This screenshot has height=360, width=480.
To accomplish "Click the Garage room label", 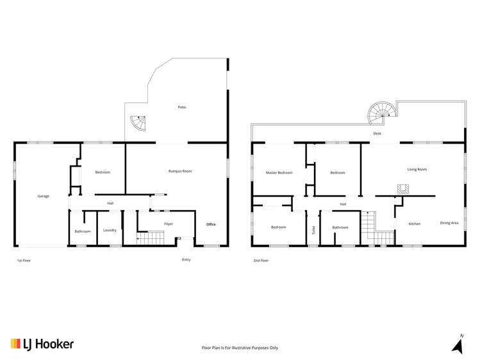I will pyautogui.click(x=43, y=196).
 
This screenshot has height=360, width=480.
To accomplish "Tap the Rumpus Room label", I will pyautogui.click(x=180, y=171).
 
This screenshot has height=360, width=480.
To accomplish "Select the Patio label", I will pyautogui.click(x=182, y=107).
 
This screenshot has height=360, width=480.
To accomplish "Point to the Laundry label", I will pyautogui.click(x=110, y=230).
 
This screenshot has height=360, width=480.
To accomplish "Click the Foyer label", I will pyautogui.click(x=169, y=224).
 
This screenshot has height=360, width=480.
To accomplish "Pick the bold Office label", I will pyautogui.click(x=211, y=224).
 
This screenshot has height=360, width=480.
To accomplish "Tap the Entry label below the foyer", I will pyautogui.click(x=186, y=259).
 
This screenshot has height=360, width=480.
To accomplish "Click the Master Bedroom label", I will pyautogui.click(x=279, y=172).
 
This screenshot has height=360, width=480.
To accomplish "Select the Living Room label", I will pyautogui.click(x=417, y=169).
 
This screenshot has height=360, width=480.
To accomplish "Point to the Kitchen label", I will pyautogui.click(x=415, y=224).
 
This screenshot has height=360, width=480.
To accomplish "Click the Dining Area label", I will pyautogui.click(x=449, y=223).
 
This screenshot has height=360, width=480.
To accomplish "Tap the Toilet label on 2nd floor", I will pyautogui.click(x=313, y=229).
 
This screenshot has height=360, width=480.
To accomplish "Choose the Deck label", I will pyautogui.click(x=378, y=133).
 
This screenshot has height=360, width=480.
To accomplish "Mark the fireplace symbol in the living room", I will pyautogui.click(x=402, y=188).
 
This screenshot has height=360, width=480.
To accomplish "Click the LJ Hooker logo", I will pyautogui.click(x=42, y=344).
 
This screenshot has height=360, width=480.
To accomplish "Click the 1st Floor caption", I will pyautogui.click(x=24, y=261).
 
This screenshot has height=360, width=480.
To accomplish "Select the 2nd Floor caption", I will pyautogui.click(x=261, y=261).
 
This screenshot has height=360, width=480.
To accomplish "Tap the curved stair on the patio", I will pyautogui.click(x=138, y=122).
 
